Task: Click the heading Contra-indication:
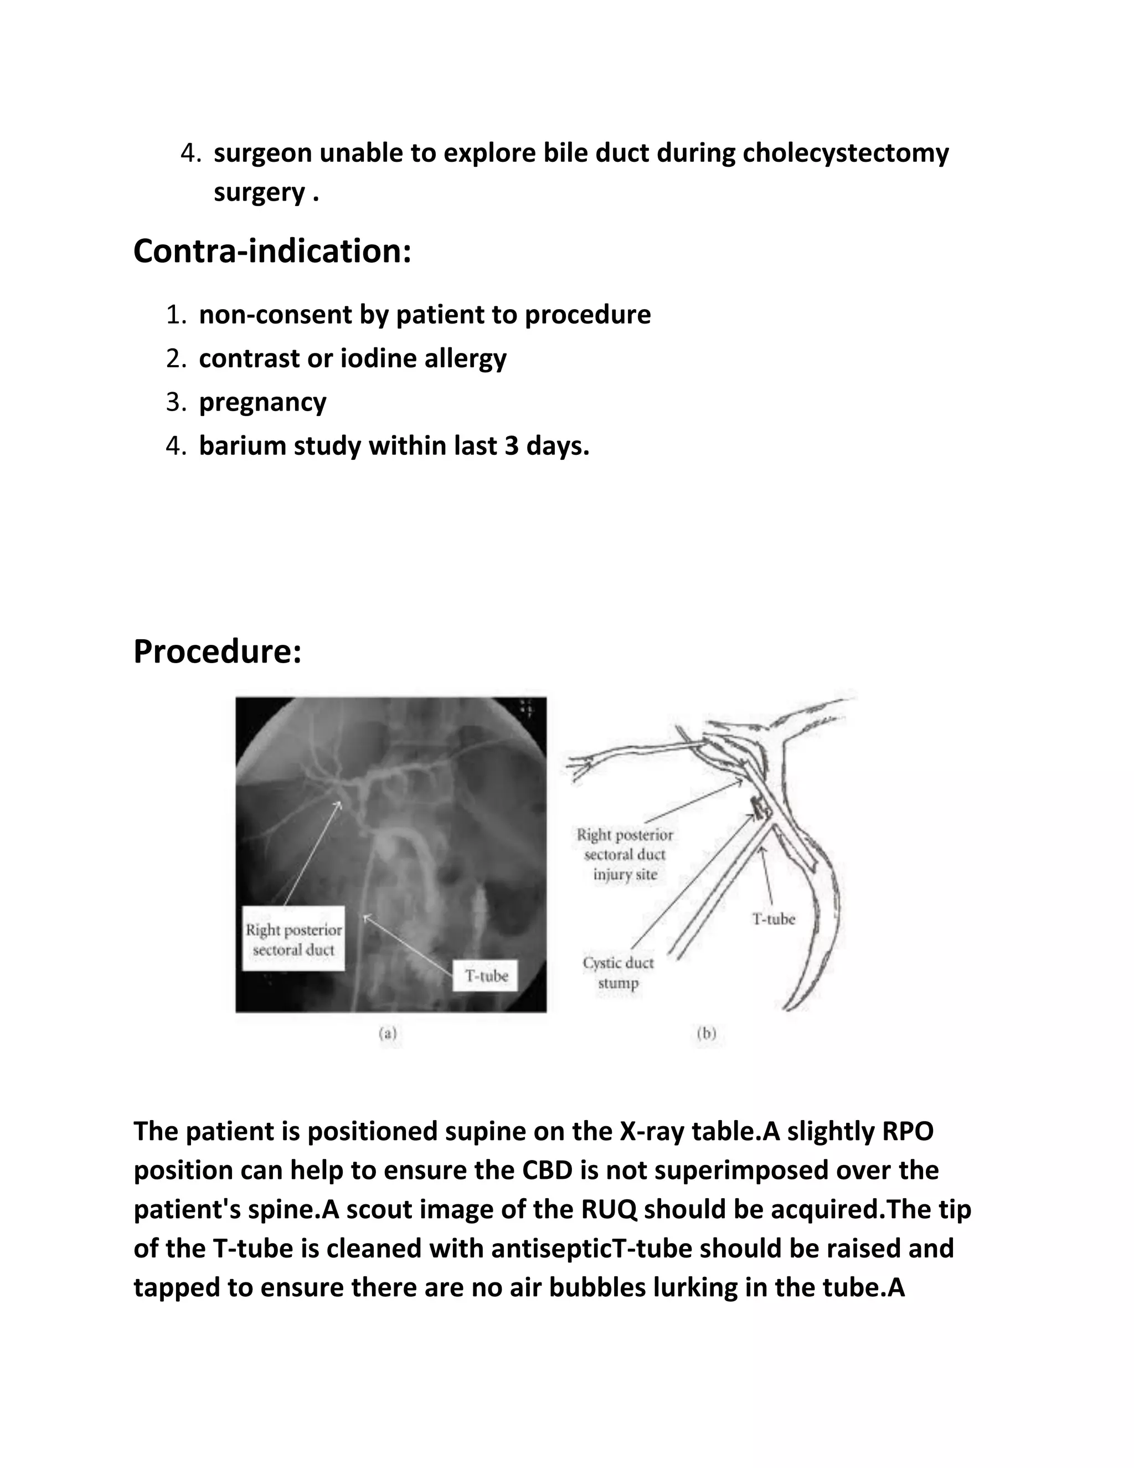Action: [271, 251]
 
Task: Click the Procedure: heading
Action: [217, 651]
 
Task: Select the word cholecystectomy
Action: [845, 153]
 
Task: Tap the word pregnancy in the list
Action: [262, 402]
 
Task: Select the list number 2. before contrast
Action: [176, 358]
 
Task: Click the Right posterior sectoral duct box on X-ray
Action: [293, 940]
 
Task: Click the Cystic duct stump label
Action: [618, 973]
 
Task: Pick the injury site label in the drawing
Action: [625, 875]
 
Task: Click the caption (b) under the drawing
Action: [706, 1034]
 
